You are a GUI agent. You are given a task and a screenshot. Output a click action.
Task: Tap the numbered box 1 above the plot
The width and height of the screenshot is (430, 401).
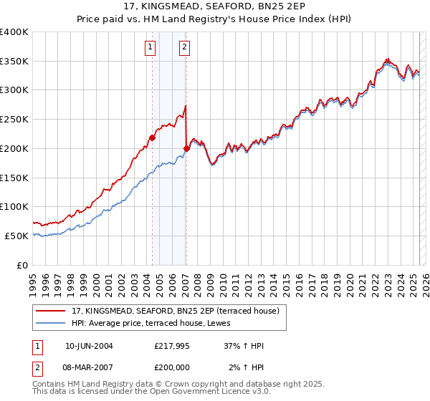150,48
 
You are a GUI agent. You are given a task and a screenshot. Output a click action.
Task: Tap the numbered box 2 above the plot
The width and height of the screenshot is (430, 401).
184,48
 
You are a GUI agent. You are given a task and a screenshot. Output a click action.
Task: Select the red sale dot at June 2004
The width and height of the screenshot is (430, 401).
152,137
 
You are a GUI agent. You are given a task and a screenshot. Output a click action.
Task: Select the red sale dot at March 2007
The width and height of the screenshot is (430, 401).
186,148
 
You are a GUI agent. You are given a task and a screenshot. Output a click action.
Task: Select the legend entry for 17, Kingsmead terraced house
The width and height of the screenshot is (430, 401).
171,310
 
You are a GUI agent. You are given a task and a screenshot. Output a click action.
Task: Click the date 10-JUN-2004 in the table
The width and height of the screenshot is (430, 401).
89,346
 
